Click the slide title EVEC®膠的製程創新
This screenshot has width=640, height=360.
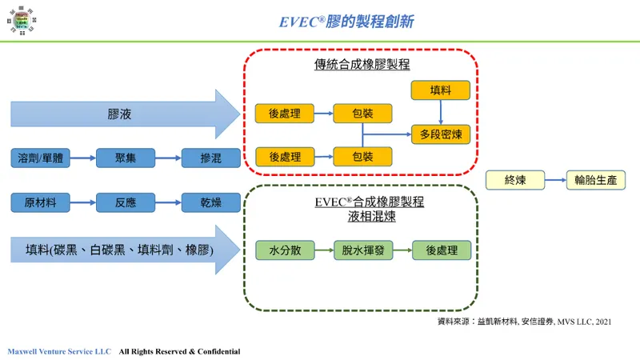click(346, 20)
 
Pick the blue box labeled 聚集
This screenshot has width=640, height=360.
click(125, 158)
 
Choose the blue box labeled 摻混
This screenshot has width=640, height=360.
click(211, 158)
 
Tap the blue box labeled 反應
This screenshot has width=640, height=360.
click(125, 202)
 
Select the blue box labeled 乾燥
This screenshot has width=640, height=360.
click(211, 202)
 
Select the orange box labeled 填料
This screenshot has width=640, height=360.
click(441, 90)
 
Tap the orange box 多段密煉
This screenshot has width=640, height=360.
click(441, 133)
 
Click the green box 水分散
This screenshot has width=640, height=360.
click(284, 250)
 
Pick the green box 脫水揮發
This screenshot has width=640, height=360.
click(362, 250)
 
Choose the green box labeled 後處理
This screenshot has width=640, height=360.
click(441, 250)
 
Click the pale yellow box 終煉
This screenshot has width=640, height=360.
click(515, 180)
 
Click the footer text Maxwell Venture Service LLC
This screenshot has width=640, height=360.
click(59, 351)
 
